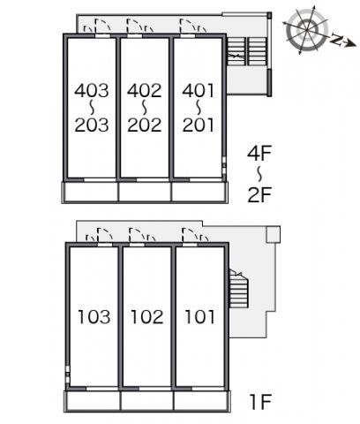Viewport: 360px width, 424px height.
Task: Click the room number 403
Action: tap(92, 90)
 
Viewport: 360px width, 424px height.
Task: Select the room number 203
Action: tap(92, 125)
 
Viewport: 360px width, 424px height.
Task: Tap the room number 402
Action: tap(145, 90)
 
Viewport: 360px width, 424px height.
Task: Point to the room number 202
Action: tap(145, 125)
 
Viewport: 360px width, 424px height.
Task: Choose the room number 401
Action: tap(198, 90)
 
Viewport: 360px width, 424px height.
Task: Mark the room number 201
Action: tap(198, 125)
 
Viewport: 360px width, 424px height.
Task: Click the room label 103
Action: tap(94, 317)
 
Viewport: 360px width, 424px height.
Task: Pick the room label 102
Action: tap(147, 317)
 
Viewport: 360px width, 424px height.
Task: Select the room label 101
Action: tap(199, 317)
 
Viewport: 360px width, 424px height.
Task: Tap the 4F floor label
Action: tap(259, 154)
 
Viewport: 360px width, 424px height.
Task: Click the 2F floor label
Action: tap(259, 194)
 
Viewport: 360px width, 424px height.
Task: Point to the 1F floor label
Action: tap(260, 402)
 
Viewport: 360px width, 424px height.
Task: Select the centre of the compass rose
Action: tap(307, 29)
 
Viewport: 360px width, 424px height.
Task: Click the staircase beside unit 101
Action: tap(238, 289)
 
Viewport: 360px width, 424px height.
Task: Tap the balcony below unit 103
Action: tap(92, 401)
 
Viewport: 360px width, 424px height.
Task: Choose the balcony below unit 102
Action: tap(147, 401)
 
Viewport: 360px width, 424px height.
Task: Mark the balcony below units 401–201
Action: tap(199, 192)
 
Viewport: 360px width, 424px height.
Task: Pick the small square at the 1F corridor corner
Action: tap(274, 235)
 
